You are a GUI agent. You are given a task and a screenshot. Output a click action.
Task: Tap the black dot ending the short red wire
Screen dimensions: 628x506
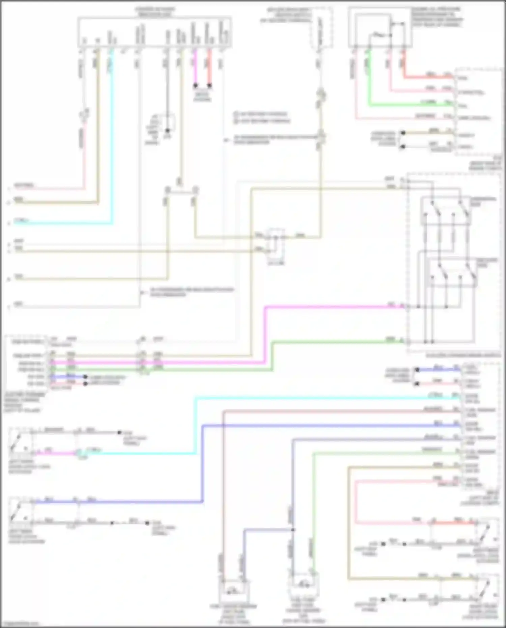tap(209, 86)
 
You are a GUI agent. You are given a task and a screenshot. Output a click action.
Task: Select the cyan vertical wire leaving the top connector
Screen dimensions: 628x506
tap(112, 135)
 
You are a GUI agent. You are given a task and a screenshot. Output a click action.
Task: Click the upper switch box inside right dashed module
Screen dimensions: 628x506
tap(445, 211)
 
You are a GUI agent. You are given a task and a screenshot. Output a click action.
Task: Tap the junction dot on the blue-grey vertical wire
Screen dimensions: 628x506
tap(292, 530)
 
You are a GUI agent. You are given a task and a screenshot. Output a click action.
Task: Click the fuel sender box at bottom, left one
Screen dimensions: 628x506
tap(234, 590)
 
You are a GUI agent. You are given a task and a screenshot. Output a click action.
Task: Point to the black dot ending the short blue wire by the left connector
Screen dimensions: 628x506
tap(85, 377)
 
